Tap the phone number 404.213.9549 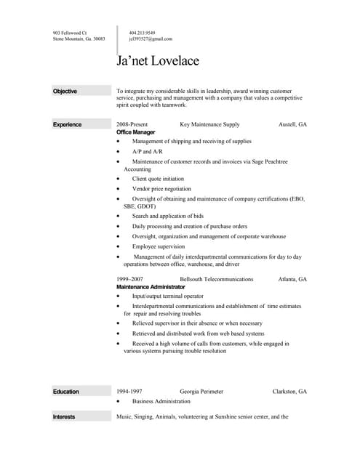(143, 33)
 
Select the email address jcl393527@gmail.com (151, 39)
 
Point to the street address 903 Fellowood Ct (70, 33)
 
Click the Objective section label (65, 91)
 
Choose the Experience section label (67, 125)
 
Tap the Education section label (65, 392)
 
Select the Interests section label (64, 417)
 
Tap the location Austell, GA (292, 125)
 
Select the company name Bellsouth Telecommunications (216, 279)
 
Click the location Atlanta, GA (292, 279)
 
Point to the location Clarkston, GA (289, 392)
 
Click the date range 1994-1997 (129, 392)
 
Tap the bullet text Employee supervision (159, 246)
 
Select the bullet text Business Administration (161, 401)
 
